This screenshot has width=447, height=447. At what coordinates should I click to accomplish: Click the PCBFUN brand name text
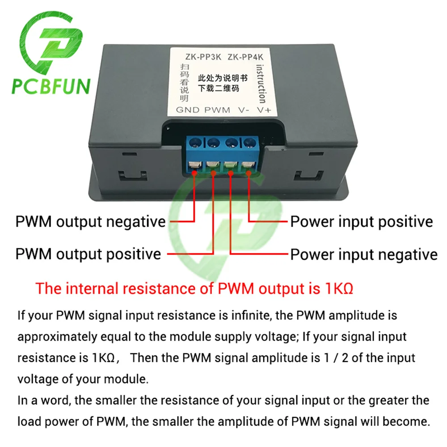[x=51, y=86]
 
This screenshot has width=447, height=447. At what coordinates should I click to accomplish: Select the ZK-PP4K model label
[x=245, y=57]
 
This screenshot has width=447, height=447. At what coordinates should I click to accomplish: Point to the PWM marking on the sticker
[x=217, y=110]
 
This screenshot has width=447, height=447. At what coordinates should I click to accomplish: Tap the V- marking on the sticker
[x=244, y=110]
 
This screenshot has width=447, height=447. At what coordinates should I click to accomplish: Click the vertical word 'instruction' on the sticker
[x=261, y=83]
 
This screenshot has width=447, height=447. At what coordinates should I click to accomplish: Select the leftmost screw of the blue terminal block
[x=194, y=144]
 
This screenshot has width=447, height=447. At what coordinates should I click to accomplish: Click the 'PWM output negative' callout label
[x=91, y=221]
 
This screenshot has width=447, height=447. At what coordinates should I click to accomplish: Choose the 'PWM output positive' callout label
[x=88, y=254]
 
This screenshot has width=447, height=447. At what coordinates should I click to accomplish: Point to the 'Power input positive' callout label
[x=362, y=222]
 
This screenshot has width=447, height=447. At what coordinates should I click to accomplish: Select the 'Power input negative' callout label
[x=364, y=254]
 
